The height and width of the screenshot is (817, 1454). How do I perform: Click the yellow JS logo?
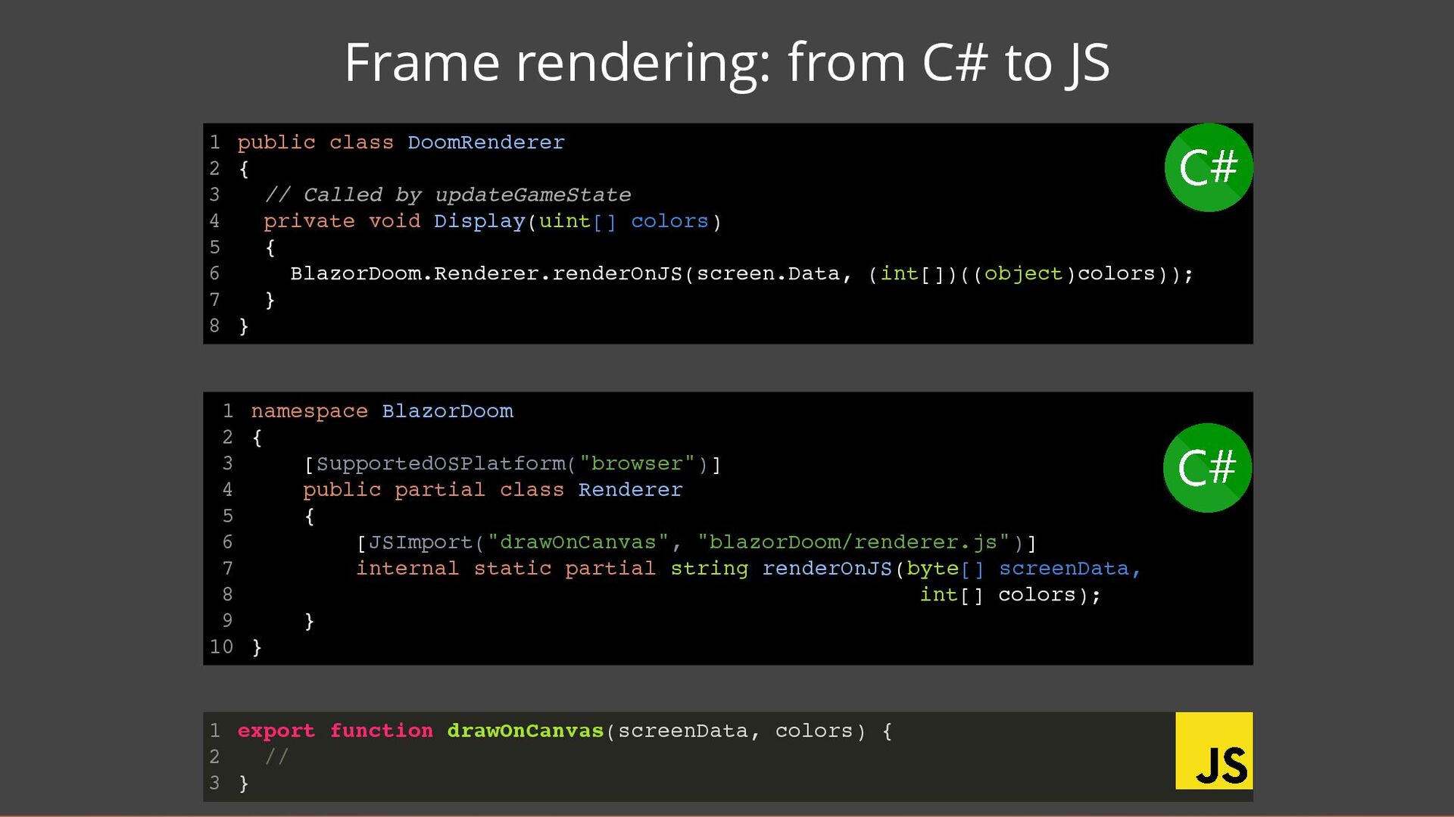pos(1213,750)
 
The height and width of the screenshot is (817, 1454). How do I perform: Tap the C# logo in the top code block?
pos(1208,167)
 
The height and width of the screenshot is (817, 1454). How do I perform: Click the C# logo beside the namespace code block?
pos(1207,467)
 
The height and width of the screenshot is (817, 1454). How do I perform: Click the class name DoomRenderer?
pos(485,142)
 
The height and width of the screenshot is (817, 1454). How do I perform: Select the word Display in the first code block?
pos(479,221)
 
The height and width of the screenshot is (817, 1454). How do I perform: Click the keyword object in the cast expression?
pos(1022,273)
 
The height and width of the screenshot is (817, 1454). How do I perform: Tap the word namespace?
pos(309,411)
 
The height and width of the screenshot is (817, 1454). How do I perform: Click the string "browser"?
pos(637,463)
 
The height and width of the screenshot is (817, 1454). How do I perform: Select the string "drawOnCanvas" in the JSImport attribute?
pos(578,542)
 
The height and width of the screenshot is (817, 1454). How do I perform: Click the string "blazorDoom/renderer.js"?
pos(853,542)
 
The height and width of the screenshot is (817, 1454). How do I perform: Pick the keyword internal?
pos(407,569)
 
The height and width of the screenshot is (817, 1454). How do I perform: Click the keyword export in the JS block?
pos(276,731)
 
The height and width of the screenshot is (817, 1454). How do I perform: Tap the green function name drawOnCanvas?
pos(525,731)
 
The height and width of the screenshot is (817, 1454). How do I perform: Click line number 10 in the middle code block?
pos(221,647)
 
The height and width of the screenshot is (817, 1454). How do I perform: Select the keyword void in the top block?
pos(395,221)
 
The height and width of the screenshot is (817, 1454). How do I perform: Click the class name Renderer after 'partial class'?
pos(630,490)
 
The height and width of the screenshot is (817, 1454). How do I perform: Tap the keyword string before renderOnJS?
pos(709,569)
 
